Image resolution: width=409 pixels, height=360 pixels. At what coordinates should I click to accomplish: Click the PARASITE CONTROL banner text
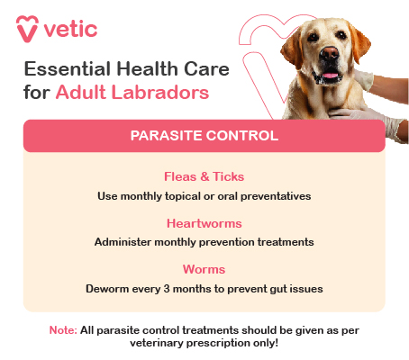click(204, 136)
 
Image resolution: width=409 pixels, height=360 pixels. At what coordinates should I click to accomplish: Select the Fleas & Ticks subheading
click(204, 176)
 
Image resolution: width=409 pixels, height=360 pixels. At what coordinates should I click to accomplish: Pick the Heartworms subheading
click(204, 222)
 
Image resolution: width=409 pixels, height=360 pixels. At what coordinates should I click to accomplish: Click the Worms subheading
click(204, 269)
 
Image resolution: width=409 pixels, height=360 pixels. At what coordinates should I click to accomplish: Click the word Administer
click(125, 241)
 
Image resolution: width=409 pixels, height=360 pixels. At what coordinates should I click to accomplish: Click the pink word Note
click(62, 330)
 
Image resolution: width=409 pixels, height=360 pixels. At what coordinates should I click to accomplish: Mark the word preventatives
click(272, 194)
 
